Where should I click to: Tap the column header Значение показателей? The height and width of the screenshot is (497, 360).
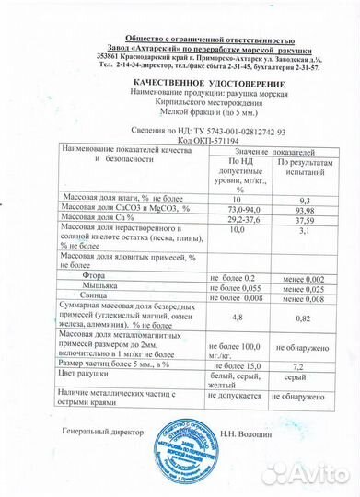[x=265, y=150]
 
